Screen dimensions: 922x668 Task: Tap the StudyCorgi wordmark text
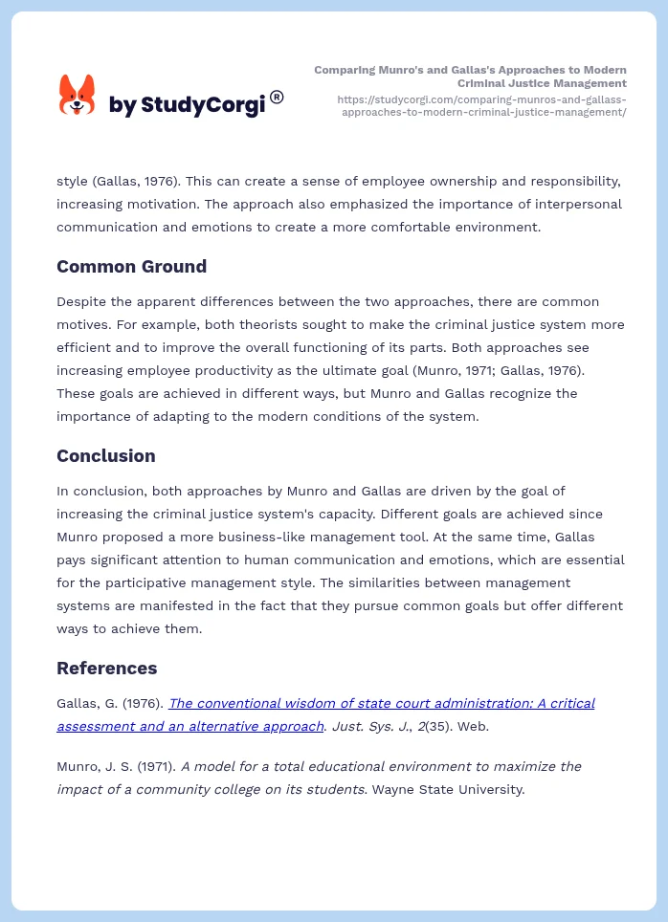pos(187,104)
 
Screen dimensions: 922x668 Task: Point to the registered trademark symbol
pos(277,97)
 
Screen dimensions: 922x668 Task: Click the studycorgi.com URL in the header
pos(482,105)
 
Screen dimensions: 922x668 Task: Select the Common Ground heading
pos(131,267)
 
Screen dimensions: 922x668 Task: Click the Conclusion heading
pos(105,456)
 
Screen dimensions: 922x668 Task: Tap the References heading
pos(106,668)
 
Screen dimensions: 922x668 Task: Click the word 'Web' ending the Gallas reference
pos(471,726)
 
